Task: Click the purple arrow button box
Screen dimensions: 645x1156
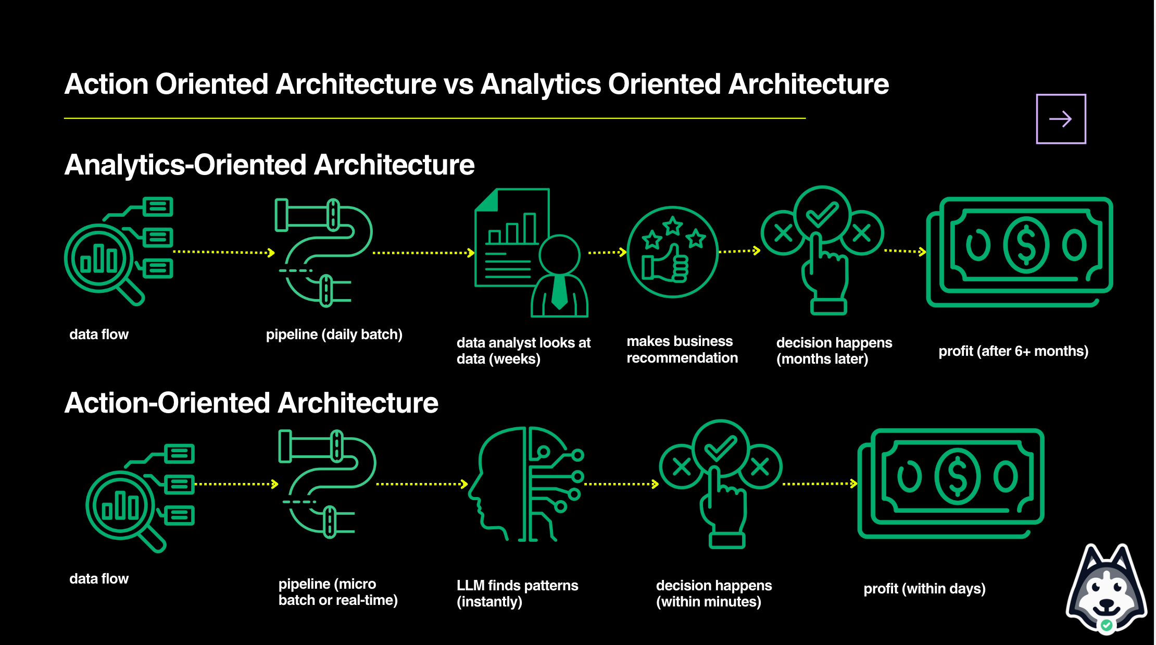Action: pos(1061,119)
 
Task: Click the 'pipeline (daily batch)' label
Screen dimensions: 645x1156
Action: pos(334,334)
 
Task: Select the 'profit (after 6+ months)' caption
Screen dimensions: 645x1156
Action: pos(1013,351)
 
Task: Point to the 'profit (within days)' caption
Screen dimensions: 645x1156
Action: pos(924,589)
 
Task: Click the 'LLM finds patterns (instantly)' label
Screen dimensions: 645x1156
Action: pos(517,593)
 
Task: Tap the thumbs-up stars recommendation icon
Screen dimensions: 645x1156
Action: pos(672,252)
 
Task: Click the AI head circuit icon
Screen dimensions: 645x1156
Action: pos(529,485)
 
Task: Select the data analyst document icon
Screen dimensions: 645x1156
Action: pos(531,253)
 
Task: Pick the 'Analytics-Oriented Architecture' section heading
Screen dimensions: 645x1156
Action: pos(269,165)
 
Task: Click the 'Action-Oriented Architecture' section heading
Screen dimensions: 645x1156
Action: pos(251,403)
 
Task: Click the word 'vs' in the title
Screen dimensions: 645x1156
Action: pos(458,84)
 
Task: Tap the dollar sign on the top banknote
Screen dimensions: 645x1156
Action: pos(1026,245)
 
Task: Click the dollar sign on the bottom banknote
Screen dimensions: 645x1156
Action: pos(957,477)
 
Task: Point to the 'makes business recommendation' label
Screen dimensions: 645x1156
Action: pos(682,350)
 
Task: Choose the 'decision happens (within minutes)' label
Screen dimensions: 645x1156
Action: pos(713,593)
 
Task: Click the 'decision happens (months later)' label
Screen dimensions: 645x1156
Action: pos(834,351)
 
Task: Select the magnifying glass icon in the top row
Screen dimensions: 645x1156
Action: pos(102,261)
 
